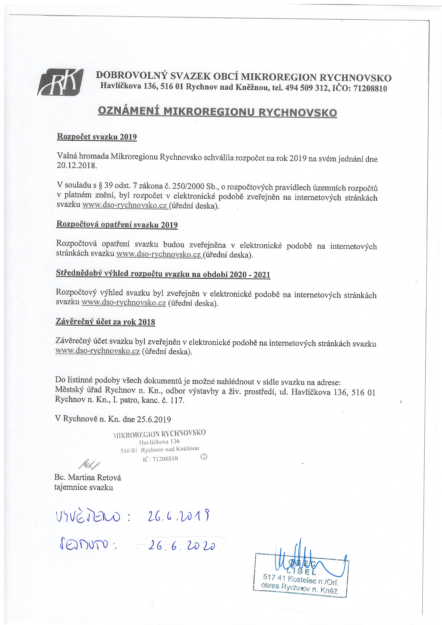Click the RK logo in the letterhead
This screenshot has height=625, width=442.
click(x=60, y=82)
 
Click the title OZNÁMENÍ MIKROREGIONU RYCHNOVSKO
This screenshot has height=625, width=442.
click(x=217, y=112)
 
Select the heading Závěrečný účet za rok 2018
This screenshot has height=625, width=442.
click(x=105, y=322)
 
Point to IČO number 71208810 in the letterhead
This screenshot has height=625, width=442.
click(x=370, y=88)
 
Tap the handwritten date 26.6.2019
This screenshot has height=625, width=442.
click(x=178, y=516)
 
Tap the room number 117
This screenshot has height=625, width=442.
click(x=178, y=401)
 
